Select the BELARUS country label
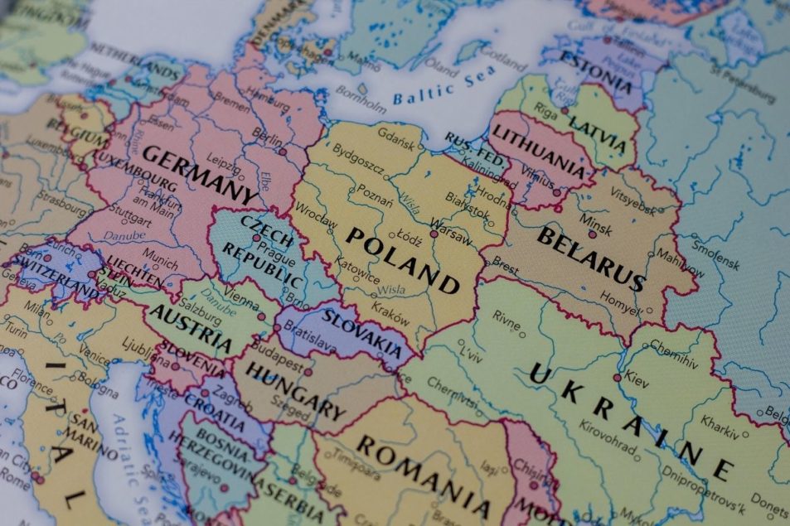click(x=590, y=258)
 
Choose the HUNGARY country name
click(x=294, y=389)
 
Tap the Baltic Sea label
click(x=436, y=89)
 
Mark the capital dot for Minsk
click(x=592, y=234)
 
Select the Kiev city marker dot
click(x=617, y=378)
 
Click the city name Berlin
click(x=264, y=138)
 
